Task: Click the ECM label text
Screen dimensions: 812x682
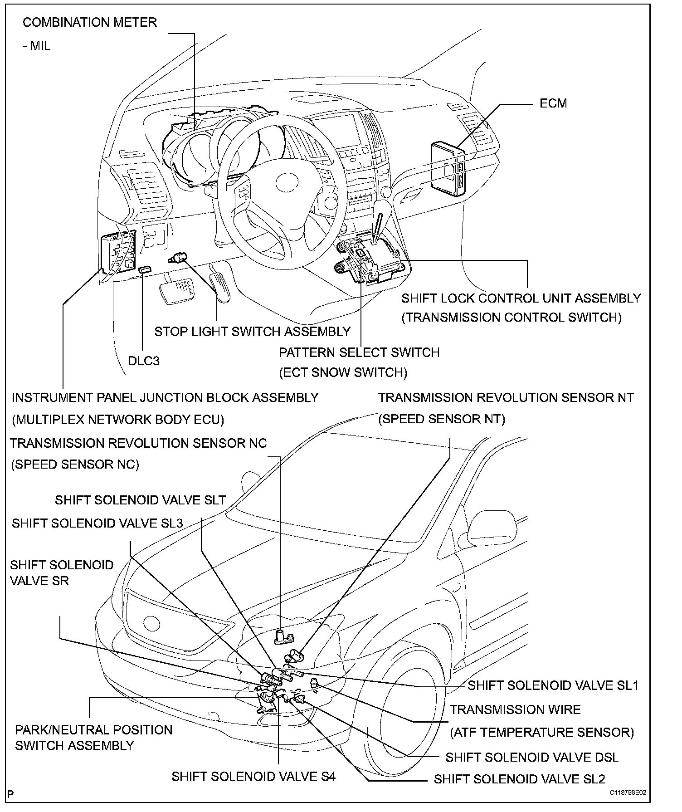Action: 553,103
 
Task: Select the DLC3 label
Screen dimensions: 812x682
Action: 144,361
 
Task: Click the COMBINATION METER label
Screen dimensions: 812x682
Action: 89,23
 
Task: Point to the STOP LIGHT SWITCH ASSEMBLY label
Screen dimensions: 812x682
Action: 253,332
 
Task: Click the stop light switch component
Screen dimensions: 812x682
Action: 178,259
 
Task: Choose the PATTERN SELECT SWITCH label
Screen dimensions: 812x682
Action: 359,352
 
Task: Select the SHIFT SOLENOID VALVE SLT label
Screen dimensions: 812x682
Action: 141,500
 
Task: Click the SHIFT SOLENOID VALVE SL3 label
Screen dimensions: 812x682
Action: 97,523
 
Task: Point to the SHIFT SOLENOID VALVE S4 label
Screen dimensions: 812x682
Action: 253,776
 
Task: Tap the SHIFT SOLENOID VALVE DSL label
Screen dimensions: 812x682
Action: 532,757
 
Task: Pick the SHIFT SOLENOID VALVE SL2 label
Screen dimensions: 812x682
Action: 519,779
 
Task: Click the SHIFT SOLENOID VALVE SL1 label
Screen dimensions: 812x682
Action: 553,685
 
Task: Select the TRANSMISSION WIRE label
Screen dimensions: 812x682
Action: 515,709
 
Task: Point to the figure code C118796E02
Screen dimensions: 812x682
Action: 628,805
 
